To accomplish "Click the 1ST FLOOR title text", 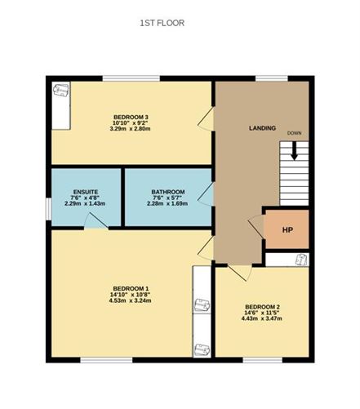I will tap(162, 23).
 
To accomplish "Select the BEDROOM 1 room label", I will tap(131, 288).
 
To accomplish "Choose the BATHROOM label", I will tap(167, 192).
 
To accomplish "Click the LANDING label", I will tap(262, 128).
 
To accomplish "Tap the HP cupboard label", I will tap(287, 230).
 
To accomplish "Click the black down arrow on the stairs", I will tap(294, 152).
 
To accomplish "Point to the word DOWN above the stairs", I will tap(294, 133).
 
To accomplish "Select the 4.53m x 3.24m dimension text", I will tap(131, 300).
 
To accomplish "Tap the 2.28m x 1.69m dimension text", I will tap(167, 205).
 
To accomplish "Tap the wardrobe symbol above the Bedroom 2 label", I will tap(300, 260).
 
